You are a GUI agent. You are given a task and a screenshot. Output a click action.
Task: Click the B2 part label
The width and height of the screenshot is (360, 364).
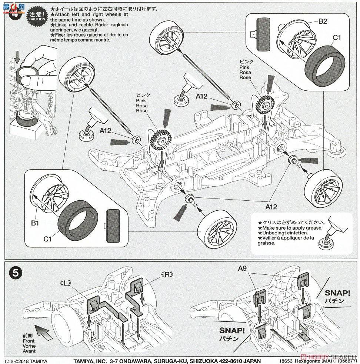pyautogui.click(x=323, y=21)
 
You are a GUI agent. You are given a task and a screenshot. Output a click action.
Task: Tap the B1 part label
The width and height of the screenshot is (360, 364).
pyautogui.click(x=35, y=223)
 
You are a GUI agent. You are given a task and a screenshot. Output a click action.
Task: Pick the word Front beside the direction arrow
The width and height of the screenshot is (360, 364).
pyautogui.click(x=28, y=341)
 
